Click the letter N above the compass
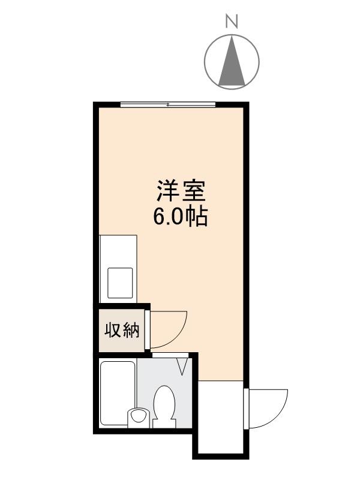pos(232,22)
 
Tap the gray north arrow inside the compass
pos(232,63)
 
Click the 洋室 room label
pos(181,192)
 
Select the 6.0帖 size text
pos(181,217)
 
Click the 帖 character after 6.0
pos(197,217)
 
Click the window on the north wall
pos(167,104)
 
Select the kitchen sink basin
pos(120,282)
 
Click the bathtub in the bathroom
pos(118,393)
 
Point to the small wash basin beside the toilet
pos(139,416)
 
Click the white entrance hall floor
pos(220,414)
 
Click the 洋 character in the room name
pos(169,192)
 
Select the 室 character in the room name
pos(194,192)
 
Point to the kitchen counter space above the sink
pos(118,249)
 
